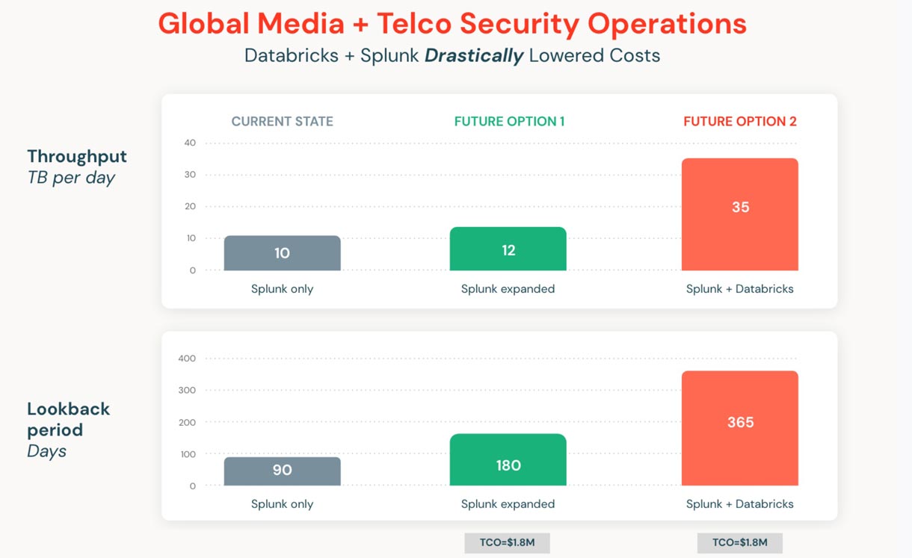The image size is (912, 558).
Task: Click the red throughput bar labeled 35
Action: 739,214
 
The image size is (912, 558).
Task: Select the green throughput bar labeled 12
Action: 508,249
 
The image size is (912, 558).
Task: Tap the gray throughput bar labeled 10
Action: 282,253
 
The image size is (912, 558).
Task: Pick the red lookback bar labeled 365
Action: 739,428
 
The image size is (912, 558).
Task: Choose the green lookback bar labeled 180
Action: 508,459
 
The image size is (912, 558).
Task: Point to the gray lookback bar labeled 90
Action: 282,471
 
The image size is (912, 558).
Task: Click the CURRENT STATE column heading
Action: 282,122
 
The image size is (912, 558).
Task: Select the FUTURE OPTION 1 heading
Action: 509,122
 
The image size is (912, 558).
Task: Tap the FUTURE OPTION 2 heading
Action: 740,122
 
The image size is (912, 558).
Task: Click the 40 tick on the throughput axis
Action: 190,143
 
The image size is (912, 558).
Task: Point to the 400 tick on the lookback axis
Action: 187,359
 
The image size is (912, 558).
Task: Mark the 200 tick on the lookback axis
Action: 187,422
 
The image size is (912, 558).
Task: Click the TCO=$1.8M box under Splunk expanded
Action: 507,543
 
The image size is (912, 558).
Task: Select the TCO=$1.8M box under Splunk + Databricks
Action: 739,543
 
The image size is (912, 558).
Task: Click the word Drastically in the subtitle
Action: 474,56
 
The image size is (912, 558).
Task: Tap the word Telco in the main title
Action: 413,24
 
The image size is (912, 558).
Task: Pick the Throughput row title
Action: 77,157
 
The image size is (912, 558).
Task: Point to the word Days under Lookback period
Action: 46,451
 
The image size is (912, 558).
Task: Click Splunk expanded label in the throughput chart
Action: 508,289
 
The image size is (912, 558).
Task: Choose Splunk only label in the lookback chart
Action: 282,504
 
